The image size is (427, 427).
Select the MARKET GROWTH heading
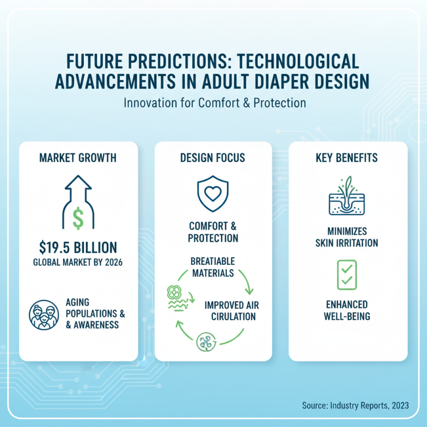point(78,158)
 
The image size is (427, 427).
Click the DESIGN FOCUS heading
point(213,158)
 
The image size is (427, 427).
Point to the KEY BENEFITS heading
point(348,158)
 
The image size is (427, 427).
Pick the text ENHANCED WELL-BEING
point(348,310)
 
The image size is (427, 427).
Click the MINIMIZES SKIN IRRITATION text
point(348,238)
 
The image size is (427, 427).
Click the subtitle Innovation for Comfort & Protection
point(213,101)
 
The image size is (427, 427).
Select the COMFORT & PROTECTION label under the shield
point(213,232)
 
